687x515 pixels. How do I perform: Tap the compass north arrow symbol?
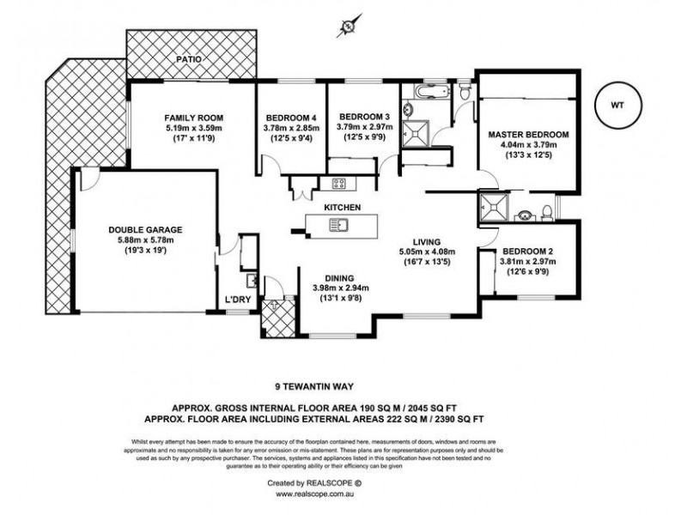[348, 27]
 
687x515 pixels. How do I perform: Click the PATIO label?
[190, 59]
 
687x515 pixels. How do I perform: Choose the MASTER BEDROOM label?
[529, 135]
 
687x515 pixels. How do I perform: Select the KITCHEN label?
[342, 208]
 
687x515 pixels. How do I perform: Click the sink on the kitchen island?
[338, 226]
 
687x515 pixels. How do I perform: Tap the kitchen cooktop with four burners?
[338, 182]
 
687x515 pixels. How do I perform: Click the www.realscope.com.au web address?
[343, 494]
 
